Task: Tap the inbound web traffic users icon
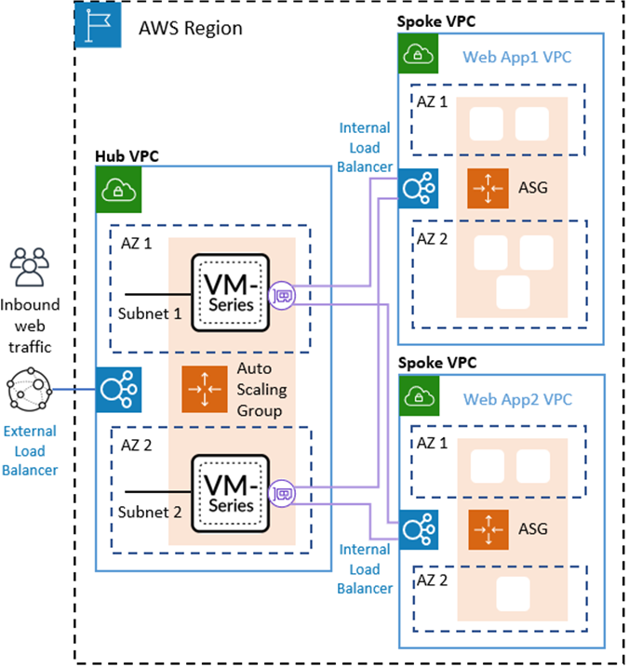coord(32,267)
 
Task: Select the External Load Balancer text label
coord(30,450)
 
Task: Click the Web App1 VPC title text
coord(516,57)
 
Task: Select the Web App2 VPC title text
coord(516,400)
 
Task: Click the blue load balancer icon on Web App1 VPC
coord(416,189)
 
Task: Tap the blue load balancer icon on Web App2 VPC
coord(416,529)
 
